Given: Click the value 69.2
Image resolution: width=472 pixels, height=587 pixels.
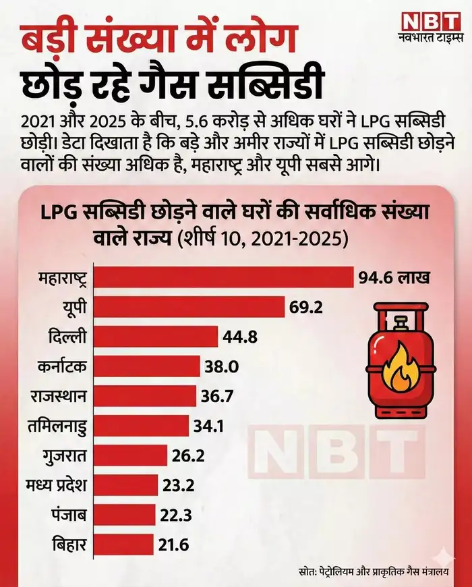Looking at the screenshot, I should click(x=307, y=308).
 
